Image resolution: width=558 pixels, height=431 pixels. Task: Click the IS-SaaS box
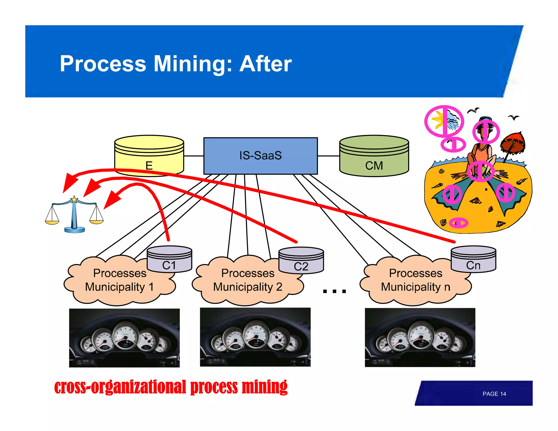coord(260,156)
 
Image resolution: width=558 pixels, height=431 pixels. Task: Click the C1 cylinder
coord(169,260)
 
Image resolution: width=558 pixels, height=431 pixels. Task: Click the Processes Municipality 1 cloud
coord(119,281)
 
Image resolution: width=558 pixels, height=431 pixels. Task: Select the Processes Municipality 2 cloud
coord(247,281)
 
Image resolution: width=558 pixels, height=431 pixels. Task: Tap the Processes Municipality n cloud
coord(415,281)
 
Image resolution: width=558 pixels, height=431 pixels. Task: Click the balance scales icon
coord(74,215)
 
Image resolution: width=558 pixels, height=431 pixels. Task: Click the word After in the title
coord(265,64)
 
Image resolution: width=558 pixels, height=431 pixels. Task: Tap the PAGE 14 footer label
coord(494,394)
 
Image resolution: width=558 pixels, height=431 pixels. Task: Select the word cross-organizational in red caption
coord(120,387)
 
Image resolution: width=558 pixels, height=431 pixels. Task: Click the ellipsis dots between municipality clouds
coord(334,291)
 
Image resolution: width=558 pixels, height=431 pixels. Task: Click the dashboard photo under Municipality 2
coord(255,337)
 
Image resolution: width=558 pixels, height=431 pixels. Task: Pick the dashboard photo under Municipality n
coord(420,337)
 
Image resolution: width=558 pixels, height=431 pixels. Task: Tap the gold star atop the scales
coord(74,199)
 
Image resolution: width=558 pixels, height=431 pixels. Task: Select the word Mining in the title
coord(193,64)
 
